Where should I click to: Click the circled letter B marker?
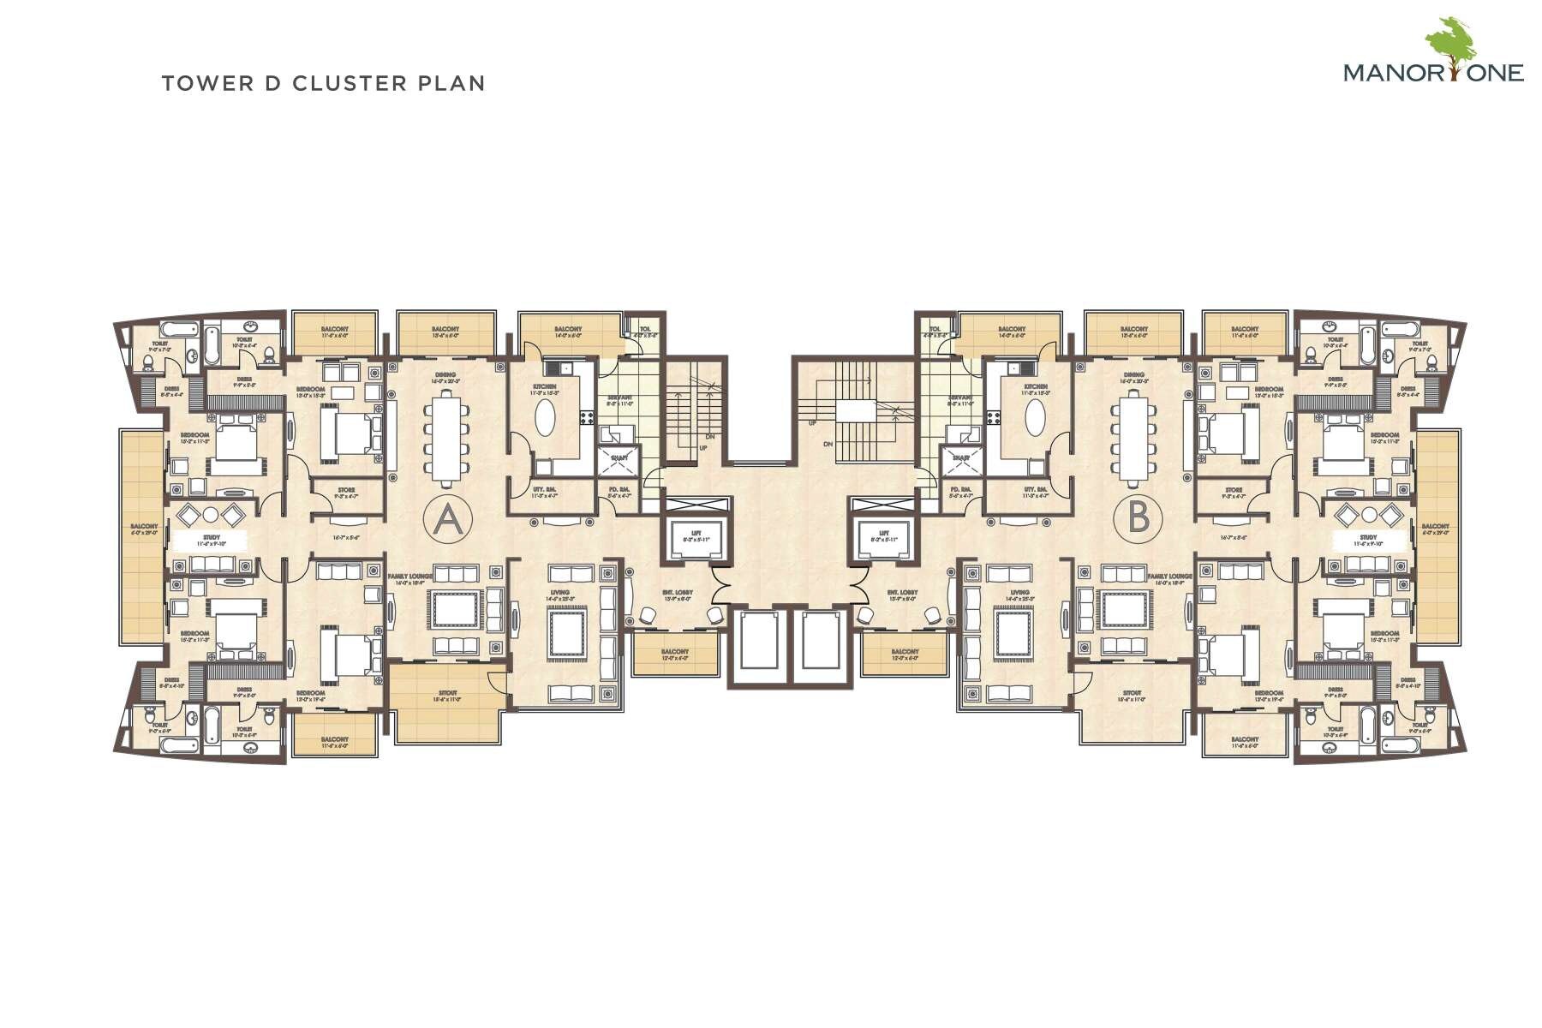point(1138,518)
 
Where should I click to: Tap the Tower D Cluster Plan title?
point(323,83)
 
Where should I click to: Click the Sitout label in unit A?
point(447,692)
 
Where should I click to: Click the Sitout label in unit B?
point(1132,692)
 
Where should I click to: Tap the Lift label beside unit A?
point(696,533)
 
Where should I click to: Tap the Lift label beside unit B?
point(883,533)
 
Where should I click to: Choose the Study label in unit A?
point(212,537)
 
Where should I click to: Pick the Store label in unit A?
point(346,490)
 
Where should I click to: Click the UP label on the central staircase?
point(811,423)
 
